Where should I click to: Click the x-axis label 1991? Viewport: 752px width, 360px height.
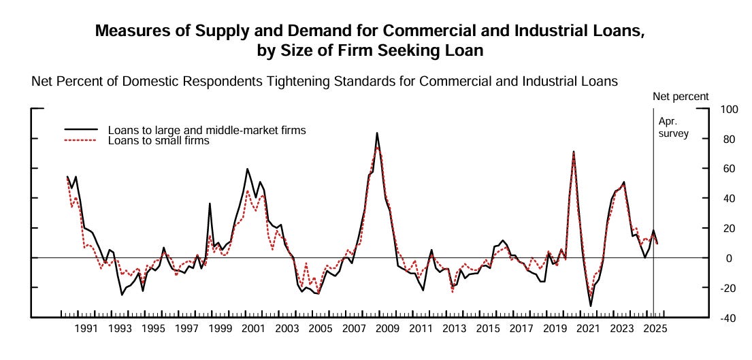click(86, 329)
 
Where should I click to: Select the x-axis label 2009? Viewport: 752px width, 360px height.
click(388, 329)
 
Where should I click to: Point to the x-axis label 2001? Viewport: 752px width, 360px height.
click(253, 329)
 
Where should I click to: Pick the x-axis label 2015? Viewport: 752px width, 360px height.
click(488, 329)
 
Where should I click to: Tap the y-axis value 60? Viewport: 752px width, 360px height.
click(728, 169)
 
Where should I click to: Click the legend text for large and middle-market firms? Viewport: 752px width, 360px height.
click(207, 130)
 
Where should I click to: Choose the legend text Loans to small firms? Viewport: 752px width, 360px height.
click(159, 141)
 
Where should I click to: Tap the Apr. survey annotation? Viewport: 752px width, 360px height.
click(673, 127)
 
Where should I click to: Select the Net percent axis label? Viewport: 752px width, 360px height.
click(681, 97)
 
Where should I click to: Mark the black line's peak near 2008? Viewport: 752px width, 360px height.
click(377, 133)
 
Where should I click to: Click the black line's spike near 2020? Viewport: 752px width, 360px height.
click(574, 151)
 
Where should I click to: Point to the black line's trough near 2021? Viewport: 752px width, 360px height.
click(591, 306)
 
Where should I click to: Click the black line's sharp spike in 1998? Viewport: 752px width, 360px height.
click(210, 203)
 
